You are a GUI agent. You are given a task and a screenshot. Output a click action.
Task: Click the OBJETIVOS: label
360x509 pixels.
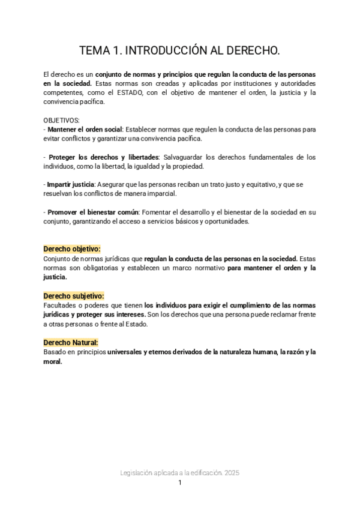click(61, 120)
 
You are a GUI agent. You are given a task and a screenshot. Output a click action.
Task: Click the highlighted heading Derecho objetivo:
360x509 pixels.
click(71, 249)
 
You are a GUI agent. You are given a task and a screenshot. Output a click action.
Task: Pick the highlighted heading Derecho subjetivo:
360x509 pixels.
click(74, 296)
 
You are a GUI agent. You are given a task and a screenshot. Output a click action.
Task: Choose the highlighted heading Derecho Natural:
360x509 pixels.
click(70, 343)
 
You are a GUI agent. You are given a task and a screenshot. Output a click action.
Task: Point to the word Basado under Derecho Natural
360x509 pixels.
click(55, 352)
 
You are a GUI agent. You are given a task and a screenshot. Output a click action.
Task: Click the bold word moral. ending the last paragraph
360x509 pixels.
click(53, 362)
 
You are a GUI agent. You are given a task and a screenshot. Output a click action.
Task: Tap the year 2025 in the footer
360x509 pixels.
click(230, 473)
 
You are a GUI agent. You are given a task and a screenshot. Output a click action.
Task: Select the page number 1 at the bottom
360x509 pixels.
click(180, 483)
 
